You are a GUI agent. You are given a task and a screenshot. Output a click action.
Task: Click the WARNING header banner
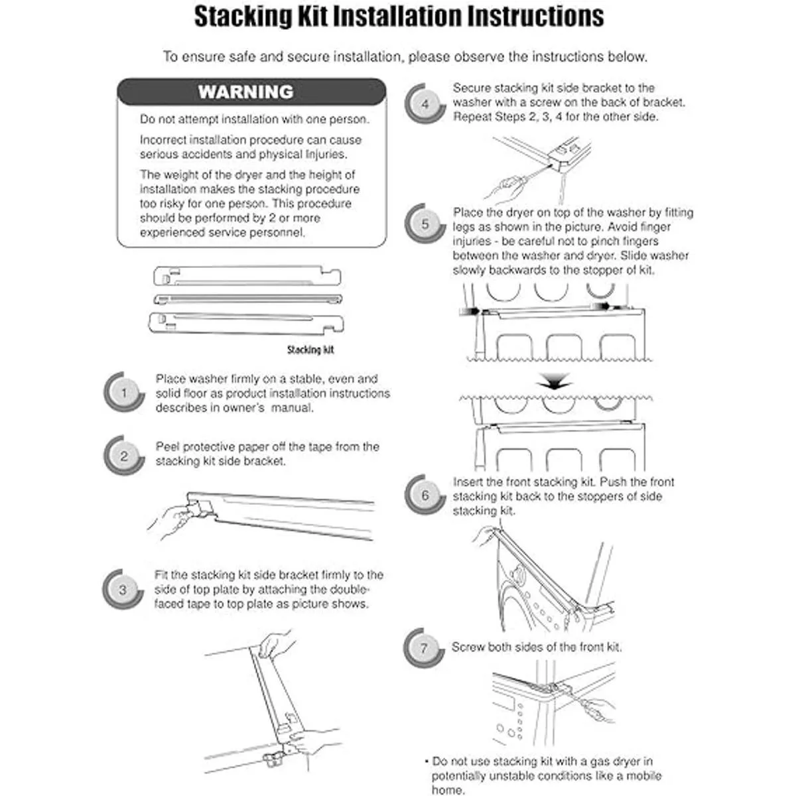tap(251, 92)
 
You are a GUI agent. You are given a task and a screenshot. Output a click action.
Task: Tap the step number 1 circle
tap(124, 393)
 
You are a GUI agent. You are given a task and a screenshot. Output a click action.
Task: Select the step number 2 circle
tap(124, 456)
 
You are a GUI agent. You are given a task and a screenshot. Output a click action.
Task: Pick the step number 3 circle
tap(123, 590)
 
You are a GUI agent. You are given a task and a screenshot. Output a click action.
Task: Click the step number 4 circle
tap(425, 103)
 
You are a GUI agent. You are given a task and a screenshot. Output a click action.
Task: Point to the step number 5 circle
tap(425, 224)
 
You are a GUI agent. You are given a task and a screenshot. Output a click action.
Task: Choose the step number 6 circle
tap(425, 495)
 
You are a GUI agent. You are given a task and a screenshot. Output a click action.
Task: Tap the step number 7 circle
tap(424, 647)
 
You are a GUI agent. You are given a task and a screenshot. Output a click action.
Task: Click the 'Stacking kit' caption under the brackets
tap(310, 350)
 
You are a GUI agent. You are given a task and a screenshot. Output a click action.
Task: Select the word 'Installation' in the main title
tap(397, 17)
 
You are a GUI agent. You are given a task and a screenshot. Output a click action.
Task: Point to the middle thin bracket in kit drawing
tap(247, 299)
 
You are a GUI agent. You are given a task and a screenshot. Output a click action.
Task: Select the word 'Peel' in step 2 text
tap(168, 446)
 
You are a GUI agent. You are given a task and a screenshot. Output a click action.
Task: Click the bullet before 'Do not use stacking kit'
tap(426, 762)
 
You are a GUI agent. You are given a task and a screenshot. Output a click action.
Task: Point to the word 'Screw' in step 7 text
tap(468, 647)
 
